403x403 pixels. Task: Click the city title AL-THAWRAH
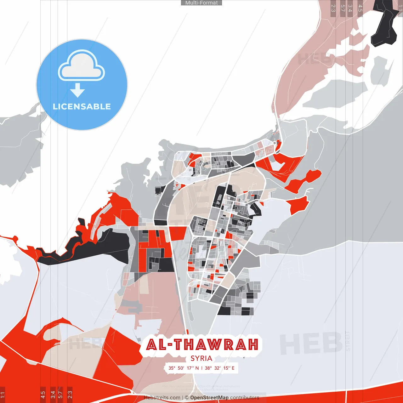[x=202, y=345]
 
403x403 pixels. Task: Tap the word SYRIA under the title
[x=201, y=358]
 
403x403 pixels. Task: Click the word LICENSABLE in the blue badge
[x=82, y=106]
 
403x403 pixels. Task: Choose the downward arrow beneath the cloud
[x=77, y=90]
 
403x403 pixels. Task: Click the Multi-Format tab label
[x=201, y=3]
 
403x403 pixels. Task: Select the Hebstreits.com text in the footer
[x=162, y=398]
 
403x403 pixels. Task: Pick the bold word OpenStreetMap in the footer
[x=209, y=398]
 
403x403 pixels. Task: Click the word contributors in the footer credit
[x=245, y=398]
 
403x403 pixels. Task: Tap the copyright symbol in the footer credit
[x=187, y=398]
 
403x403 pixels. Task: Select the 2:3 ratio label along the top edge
[x=333, y=8]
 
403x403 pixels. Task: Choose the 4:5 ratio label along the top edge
[x=360, y=8]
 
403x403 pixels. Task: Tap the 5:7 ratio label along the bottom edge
[x=60, y=394]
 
